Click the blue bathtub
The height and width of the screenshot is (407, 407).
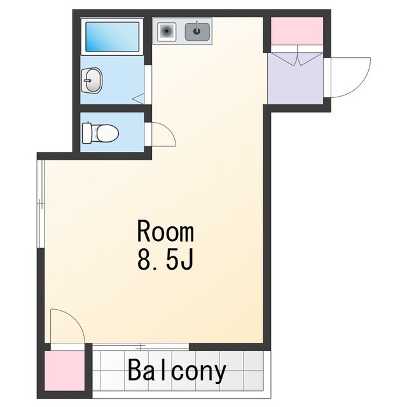(112, 37)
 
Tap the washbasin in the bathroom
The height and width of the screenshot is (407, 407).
(92, 80)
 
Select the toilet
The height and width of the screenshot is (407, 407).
(100, 133)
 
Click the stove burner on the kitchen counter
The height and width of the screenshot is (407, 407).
(167, 32)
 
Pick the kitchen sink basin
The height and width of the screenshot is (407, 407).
(197, 32)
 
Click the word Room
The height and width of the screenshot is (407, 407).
(165, 230)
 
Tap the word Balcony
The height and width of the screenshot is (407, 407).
(177, 370)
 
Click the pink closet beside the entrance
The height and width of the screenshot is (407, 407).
(297, 31)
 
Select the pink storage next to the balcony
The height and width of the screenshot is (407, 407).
(64, 371)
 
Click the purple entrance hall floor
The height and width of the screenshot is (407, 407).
(295, 78)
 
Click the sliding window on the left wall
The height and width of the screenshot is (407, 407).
(41, 204)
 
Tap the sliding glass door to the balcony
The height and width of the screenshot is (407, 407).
(141, 347)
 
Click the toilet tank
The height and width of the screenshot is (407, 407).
(86, 133)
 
